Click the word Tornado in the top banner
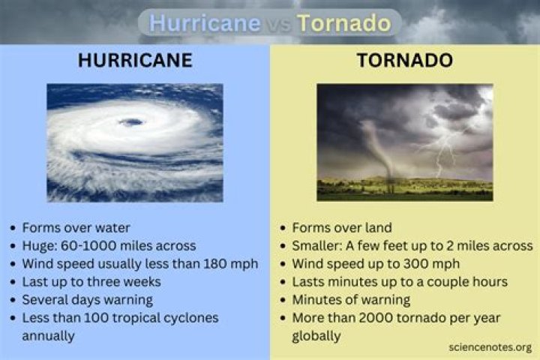(343, 22)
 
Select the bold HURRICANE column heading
(135, 61)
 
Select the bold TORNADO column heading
(404, 61)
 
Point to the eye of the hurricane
(132, 121)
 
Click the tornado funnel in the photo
(379, 150)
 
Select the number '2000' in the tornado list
(373, 318)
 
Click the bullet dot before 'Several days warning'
(13, 300)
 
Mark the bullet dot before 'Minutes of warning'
(283, 300)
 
